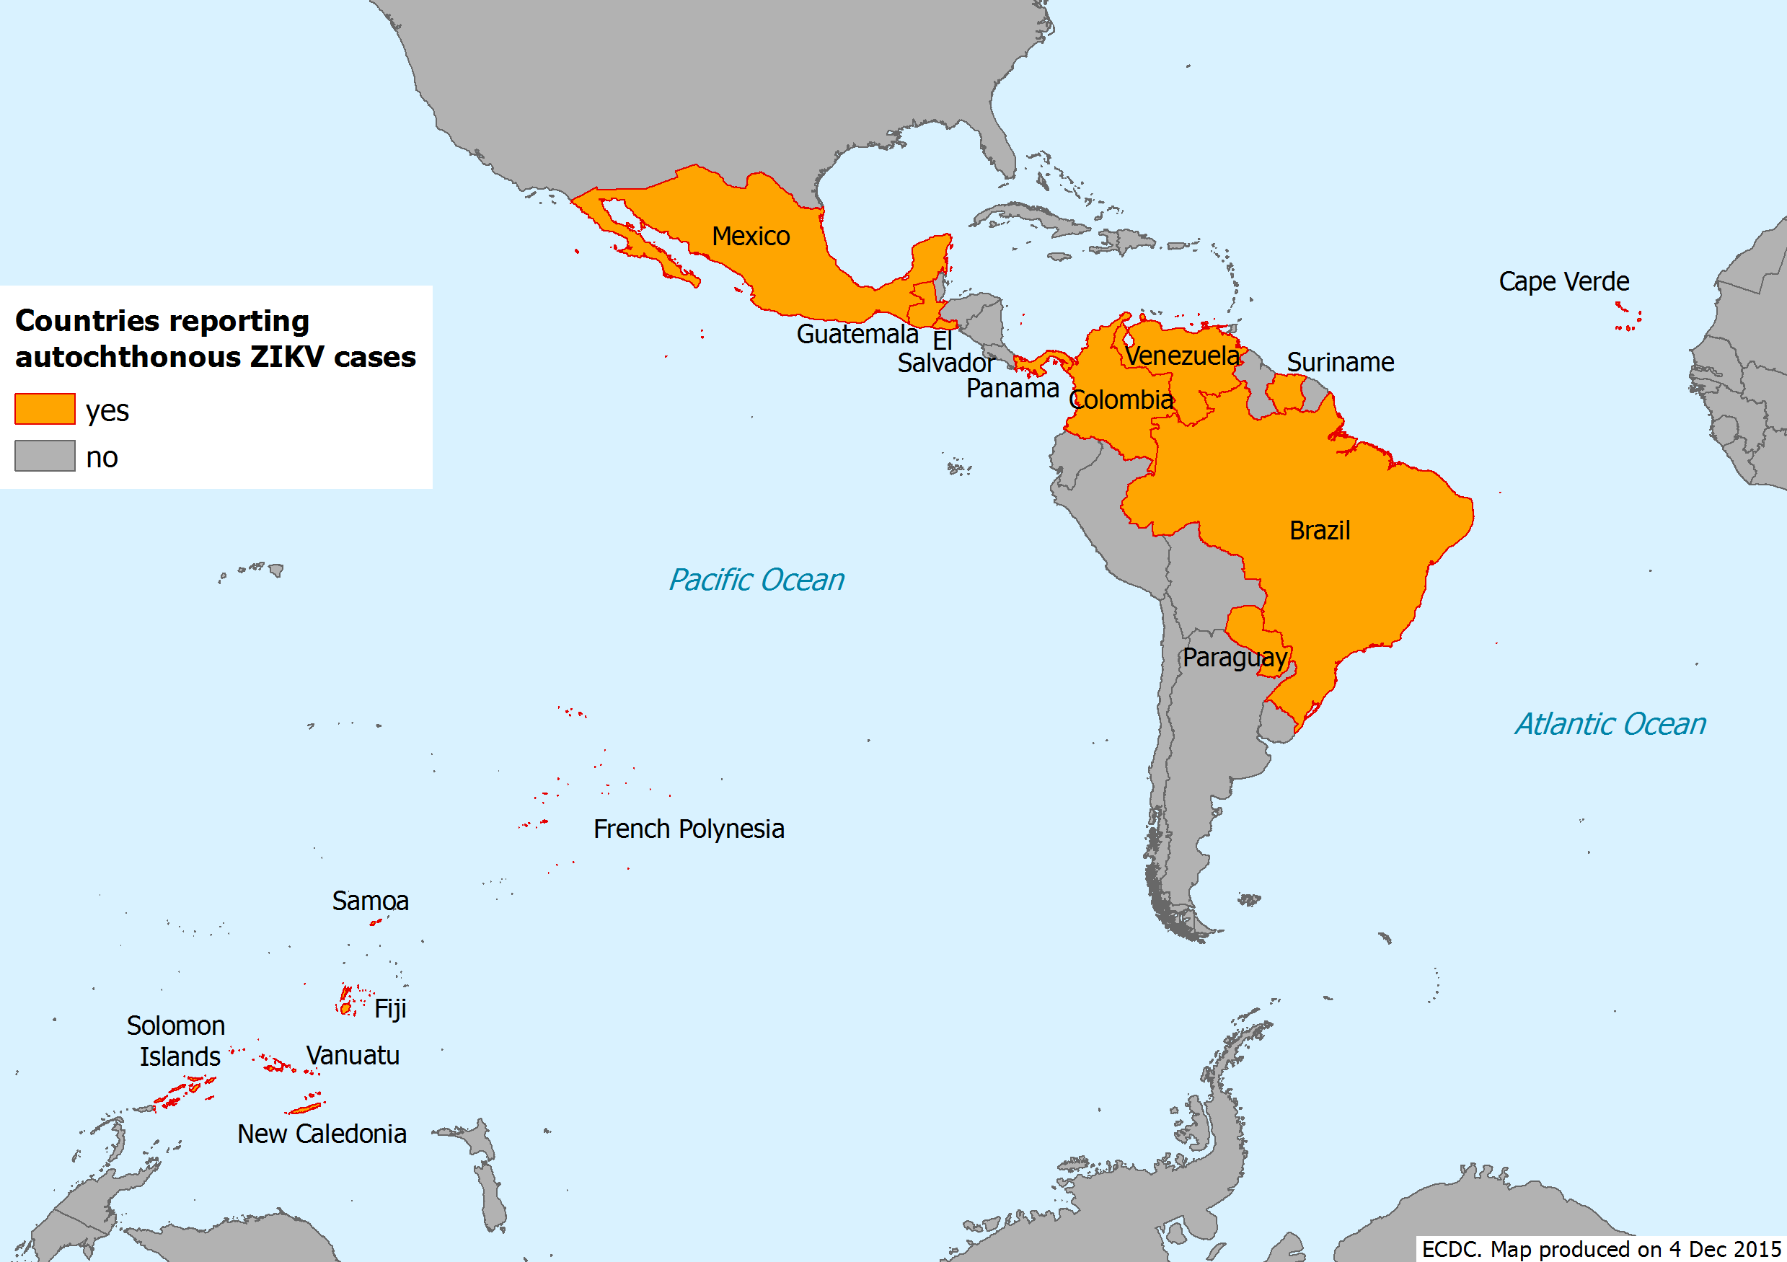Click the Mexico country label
click(x=750, y=236)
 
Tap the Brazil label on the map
click(x=1319, y=530)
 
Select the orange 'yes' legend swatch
click(x=45, y=409)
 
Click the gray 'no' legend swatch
click(x=45, y=456)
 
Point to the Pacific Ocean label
click(x=756, y=579)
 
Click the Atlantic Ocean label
click(x=1610, y=724)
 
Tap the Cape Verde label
click(x=1563, y=281)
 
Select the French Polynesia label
click(x=688, y=829)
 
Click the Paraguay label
click(x=1235, y=658)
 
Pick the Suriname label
click(x=1339, y=362)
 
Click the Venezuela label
click(x=1182, y=356)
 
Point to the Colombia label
click(x=1121, y=400)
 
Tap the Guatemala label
click(x=857, y=334)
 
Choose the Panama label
click(x=1012, y=388)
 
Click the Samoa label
click(x=370, y=901)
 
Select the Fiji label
click(x=390, y=1009)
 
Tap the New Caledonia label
click(x=322, y=1134)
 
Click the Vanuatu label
click(x=353, y=1055)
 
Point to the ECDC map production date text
click(x=1600, y=1249)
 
